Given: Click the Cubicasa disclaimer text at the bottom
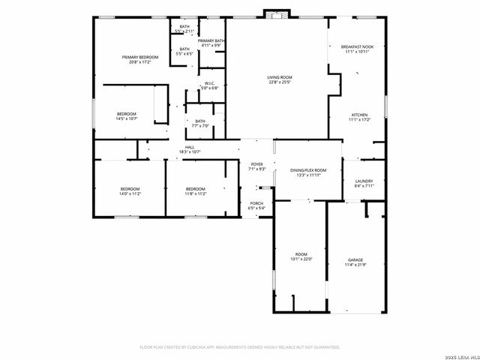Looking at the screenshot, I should click(240, 347).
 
